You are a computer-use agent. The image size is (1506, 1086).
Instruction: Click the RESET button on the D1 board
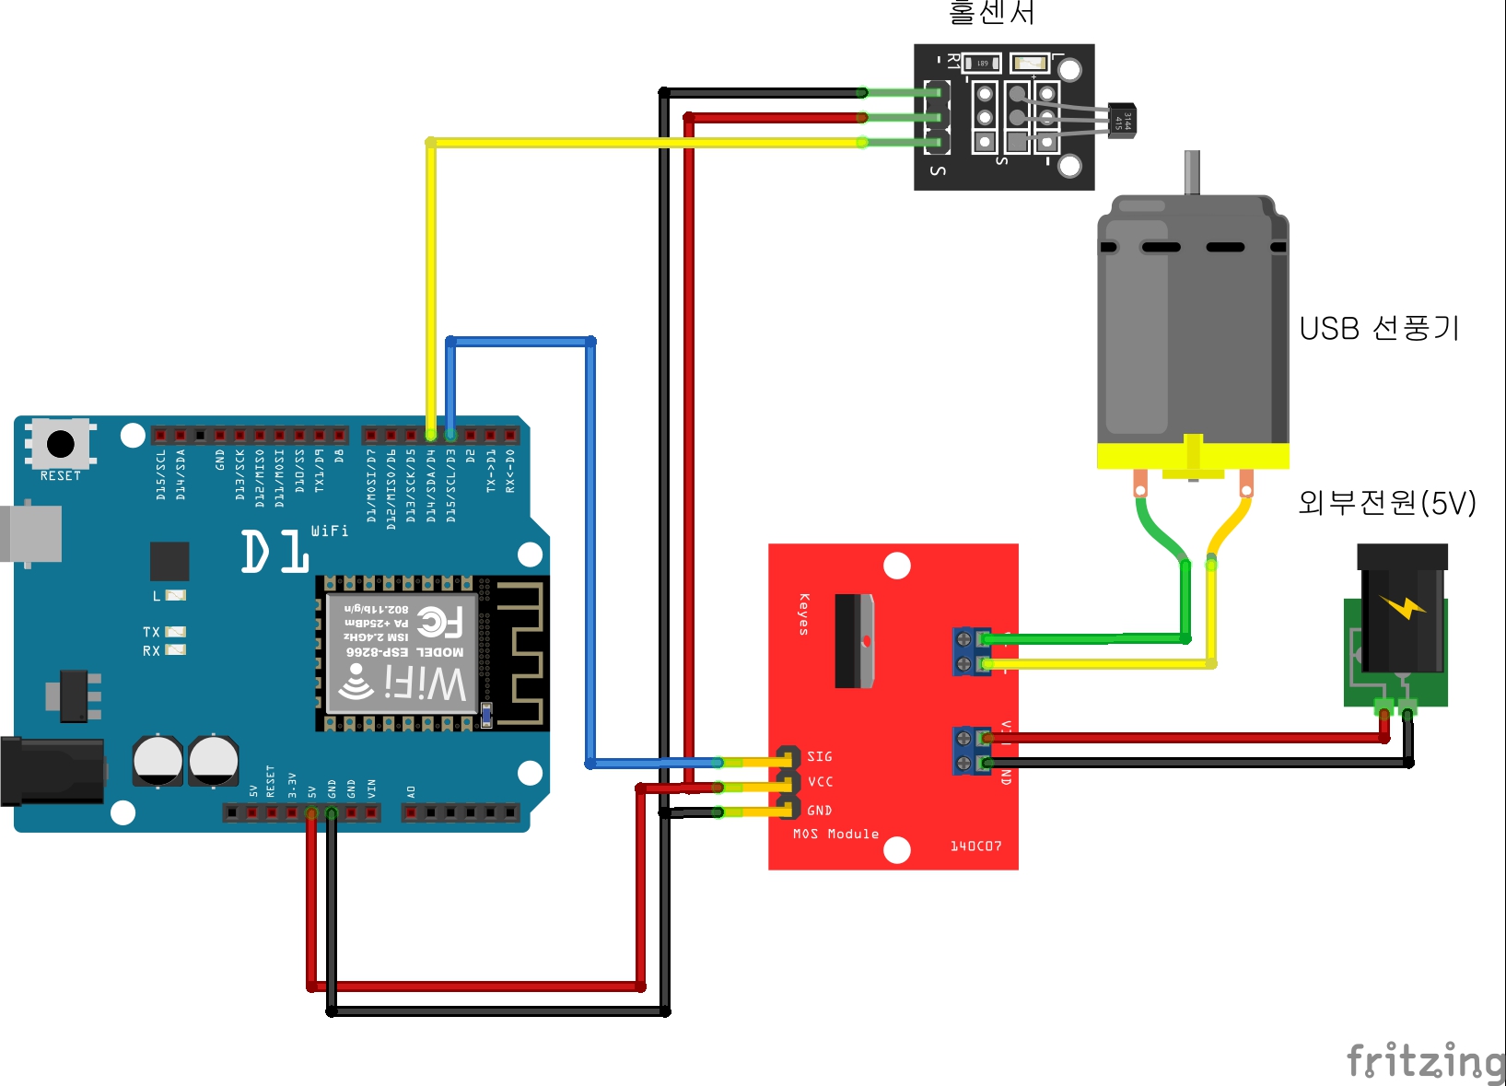(61, 444)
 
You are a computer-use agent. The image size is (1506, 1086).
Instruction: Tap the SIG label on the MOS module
(819, 756)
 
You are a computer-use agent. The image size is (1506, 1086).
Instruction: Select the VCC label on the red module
(820, 782)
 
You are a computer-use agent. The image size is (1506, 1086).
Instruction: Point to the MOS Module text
(835, 834)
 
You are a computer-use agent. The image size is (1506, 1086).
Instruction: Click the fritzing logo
(1424, 1060)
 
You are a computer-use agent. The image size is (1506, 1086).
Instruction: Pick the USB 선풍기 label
(1379, 329)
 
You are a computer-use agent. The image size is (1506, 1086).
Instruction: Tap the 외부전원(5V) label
(1386, 503)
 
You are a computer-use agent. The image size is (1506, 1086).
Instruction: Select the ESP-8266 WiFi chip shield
(403, 653)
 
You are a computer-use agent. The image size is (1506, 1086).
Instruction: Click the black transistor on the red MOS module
(854, 640)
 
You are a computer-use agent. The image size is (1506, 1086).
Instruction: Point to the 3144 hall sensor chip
(1123, 121)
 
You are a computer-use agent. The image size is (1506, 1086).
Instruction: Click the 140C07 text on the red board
(975, 846)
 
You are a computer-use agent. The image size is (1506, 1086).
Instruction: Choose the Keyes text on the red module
(803, 614)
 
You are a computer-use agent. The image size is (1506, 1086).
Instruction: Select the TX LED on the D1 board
(175, 632)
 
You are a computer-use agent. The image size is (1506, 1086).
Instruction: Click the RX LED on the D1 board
(175, 650)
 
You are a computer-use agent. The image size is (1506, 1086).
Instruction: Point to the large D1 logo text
(274, 552)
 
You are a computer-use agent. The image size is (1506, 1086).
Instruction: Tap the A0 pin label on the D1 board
(411, 791)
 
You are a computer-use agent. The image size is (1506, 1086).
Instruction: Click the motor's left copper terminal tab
(1140, 482)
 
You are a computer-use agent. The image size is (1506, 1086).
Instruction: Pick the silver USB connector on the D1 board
(32, 533)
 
